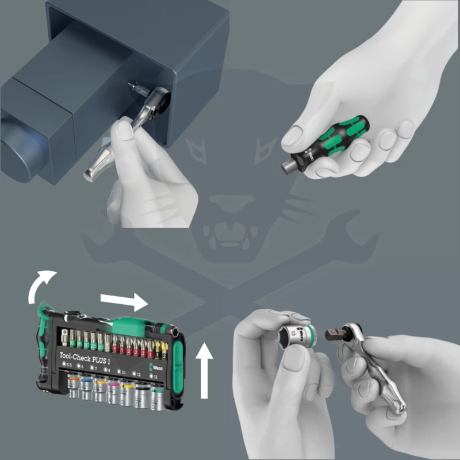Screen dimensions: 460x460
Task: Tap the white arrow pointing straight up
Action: pyautogui.click(x=204, y=368)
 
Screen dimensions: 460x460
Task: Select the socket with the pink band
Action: pyautogui.click(x=113, y=388)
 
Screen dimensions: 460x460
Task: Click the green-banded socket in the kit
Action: pyautogui.click(x=157, y=394)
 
